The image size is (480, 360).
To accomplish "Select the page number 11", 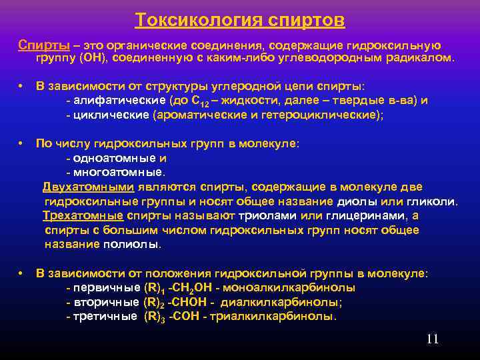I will click(432, 339).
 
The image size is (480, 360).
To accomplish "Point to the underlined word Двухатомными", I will click(89, 187).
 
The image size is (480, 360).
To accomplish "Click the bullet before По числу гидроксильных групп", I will click(22, 143).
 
